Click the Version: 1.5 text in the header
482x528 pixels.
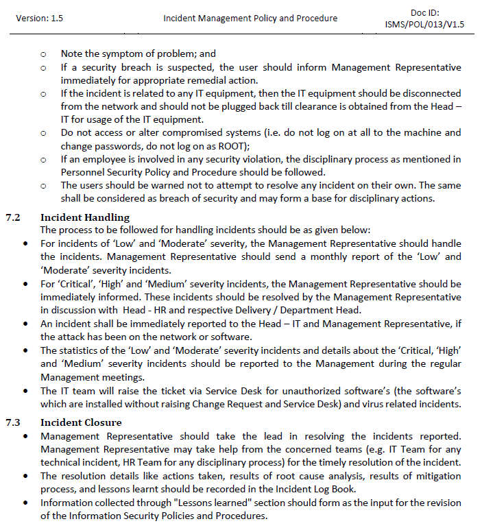(39, 19)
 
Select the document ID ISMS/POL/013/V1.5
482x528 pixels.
(424, 25)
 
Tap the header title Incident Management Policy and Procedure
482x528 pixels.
(250, 19)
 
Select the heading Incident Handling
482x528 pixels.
(80, 217)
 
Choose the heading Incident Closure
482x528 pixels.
(81, 422)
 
